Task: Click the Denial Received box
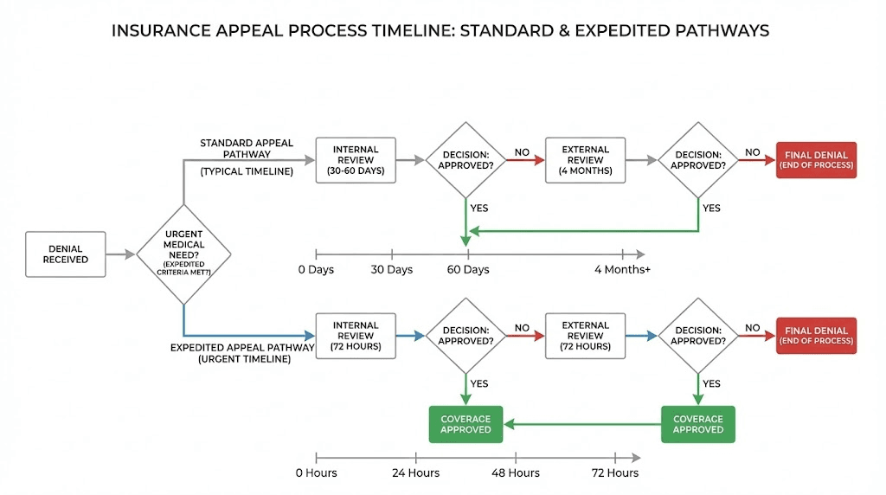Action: [66, 254]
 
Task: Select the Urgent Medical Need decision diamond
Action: [183, 254]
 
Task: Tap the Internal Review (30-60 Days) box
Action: [356, 160]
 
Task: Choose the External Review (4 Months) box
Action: [586, 160]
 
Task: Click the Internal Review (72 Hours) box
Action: [356, 336]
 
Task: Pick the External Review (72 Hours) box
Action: [586, 336]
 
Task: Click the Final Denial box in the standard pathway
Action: [816, 160]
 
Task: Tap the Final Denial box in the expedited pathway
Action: [816, 336]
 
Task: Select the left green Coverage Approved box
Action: [465, 424]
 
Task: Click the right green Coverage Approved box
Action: [697, 424]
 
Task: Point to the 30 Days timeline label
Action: [392, 270]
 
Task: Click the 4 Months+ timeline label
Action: [622, 270]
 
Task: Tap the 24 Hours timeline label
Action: [416, 472]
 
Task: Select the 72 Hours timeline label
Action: [614, 472]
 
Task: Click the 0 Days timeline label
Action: [316, 270]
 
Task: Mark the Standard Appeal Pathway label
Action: [247, 149]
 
